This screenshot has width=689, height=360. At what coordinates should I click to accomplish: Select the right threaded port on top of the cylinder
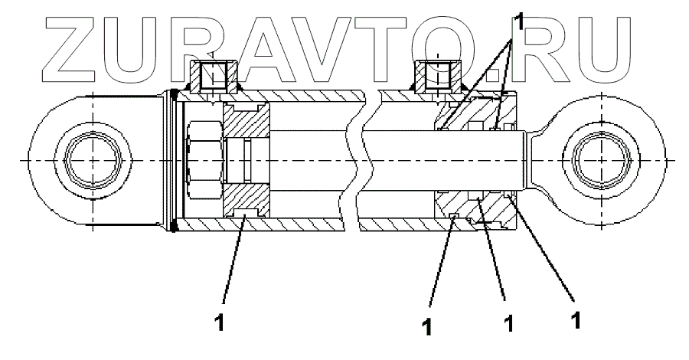point(437,75)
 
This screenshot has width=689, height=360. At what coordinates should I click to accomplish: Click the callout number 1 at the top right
point(521,21)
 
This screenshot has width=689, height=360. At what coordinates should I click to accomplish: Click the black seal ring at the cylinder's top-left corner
point(175,96)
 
